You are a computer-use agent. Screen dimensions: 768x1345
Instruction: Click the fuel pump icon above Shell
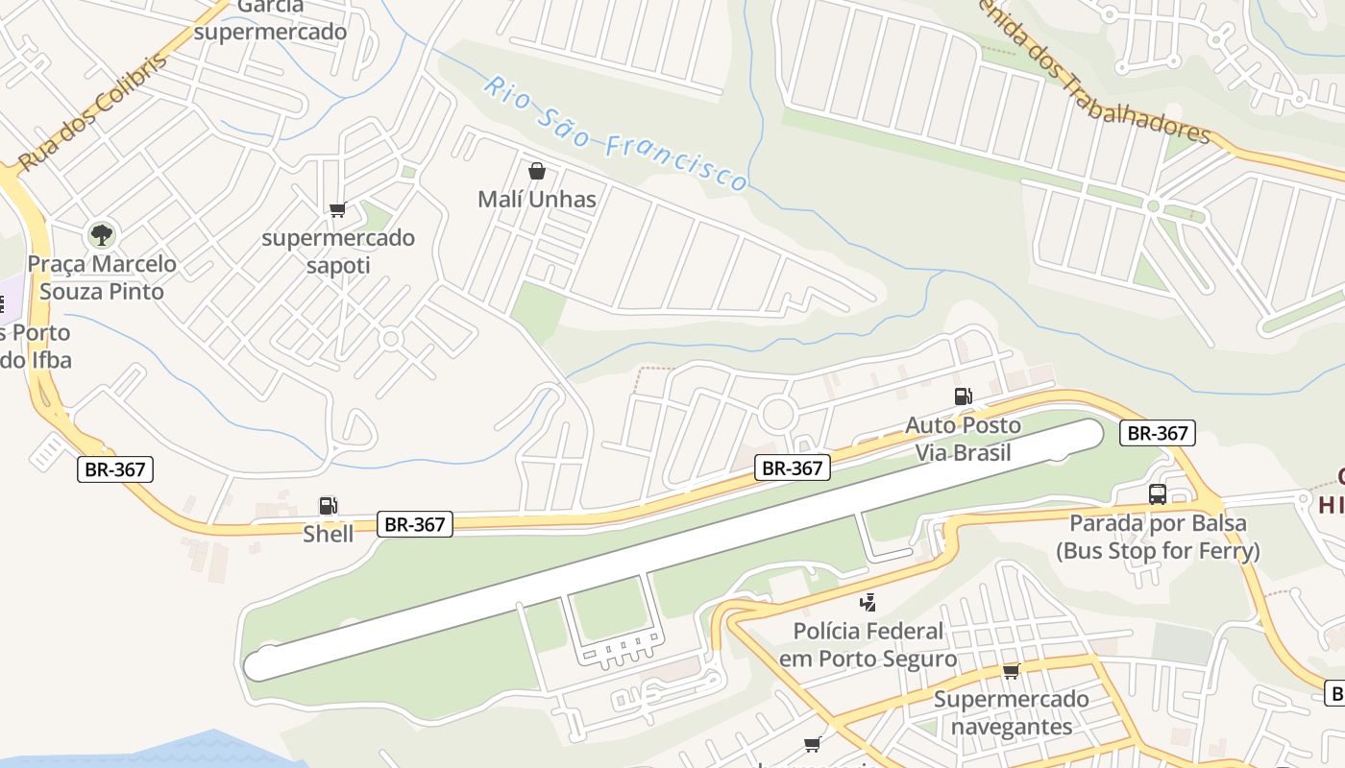point(328,506)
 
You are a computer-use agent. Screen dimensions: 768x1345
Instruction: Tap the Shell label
point(329,534)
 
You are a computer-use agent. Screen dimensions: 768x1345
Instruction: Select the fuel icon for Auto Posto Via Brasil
point(963,396)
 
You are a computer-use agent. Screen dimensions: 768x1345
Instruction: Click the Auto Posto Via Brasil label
point(963,438)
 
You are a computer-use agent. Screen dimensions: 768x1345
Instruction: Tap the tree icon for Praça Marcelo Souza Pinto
point(101,233)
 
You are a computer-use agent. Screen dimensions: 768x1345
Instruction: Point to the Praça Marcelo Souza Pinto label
point(102,277)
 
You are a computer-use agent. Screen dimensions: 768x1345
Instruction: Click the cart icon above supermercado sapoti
point(337,210)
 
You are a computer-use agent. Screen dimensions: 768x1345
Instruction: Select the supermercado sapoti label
point(338,252)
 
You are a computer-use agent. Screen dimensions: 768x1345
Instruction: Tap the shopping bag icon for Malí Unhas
point(537,172)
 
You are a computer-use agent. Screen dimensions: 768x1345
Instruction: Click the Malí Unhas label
point(537,200)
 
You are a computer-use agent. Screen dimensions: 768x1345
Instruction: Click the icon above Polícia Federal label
point(868,603)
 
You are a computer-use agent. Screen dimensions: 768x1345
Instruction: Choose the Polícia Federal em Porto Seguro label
point(868,645)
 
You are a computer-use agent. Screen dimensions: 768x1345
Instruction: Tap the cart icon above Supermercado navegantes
point(1011,671)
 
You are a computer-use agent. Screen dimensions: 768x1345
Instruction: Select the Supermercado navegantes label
point(1011,712)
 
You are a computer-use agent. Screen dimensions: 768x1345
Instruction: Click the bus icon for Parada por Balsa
point(1158,494)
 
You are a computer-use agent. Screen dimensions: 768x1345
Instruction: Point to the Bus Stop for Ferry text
point(1158,551)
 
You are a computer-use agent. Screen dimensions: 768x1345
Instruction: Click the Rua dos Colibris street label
point(92,112)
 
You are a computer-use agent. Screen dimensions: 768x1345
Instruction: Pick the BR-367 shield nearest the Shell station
point(415,524)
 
